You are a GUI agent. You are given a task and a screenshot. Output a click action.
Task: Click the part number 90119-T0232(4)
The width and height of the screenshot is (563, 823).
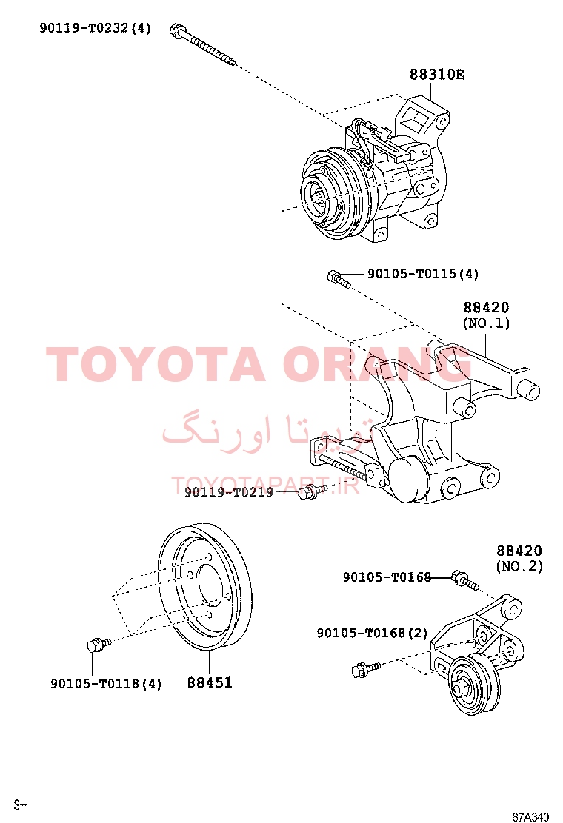point(95,28)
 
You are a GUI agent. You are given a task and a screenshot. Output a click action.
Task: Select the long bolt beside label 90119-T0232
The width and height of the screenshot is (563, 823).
point(203,46)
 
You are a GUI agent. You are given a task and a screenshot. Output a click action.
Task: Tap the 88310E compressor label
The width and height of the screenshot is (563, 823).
point(437,75)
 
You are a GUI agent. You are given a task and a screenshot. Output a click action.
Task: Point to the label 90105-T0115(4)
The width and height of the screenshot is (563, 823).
point(423,273)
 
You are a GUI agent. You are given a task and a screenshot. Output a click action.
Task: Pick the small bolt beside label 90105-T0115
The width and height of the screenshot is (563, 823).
point(339,279)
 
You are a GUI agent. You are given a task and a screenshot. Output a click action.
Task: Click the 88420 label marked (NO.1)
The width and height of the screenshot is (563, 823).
point(486,315)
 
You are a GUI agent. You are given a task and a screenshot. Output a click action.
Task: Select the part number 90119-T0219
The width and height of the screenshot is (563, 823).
point(228,492)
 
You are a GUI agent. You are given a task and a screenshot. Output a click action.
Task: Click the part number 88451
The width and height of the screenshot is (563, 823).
point(210,682)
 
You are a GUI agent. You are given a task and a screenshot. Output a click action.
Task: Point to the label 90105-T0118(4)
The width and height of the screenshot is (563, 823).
point(106,683)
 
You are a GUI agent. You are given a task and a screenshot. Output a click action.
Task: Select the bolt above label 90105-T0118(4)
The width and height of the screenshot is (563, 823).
point(99,644)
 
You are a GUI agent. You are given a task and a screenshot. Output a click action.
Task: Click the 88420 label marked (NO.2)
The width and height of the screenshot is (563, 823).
point(520,559)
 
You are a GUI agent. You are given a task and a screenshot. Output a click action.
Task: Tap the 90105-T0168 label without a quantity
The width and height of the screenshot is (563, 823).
point(387,577)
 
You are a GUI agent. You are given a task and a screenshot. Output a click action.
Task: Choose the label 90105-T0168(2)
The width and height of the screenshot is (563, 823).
point(373,633)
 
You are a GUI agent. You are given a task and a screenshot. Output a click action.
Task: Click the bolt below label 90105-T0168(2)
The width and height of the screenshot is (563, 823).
point(365,669)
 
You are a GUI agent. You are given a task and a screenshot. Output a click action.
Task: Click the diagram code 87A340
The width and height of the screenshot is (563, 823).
point(530,816)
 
